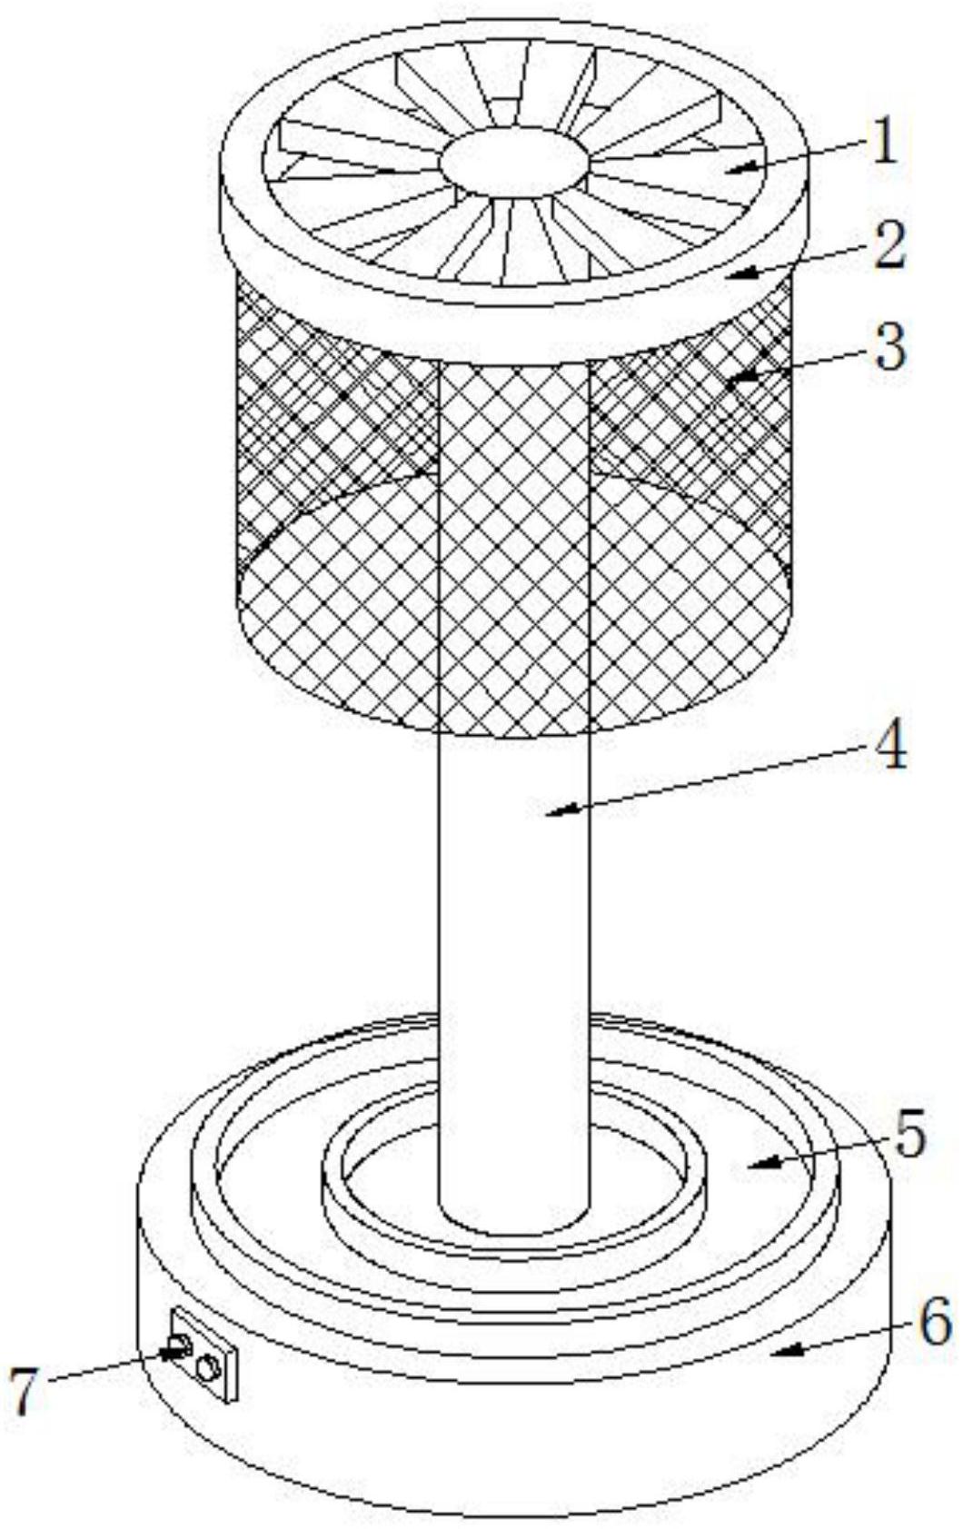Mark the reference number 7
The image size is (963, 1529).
[x=25, y=1391]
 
